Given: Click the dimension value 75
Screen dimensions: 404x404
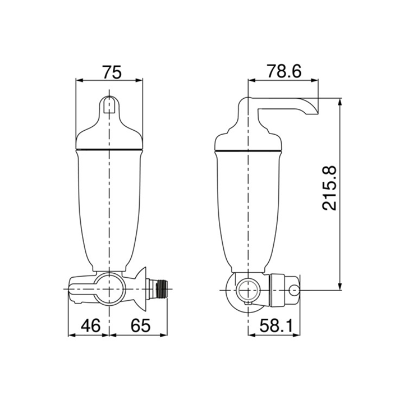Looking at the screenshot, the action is coord(112,72).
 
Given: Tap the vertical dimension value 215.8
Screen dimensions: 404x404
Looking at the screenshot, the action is coord(329,188).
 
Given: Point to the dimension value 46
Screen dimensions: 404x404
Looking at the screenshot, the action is coord(90,325).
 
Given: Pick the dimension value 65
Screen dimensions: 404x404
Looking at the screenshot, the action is coord(140,325).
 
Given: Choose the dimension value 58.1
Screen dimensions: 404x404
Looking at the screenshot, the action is coord(276,325).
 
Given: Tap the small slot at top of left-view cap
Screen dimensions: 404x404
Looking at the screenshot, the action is coord(109,104).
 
